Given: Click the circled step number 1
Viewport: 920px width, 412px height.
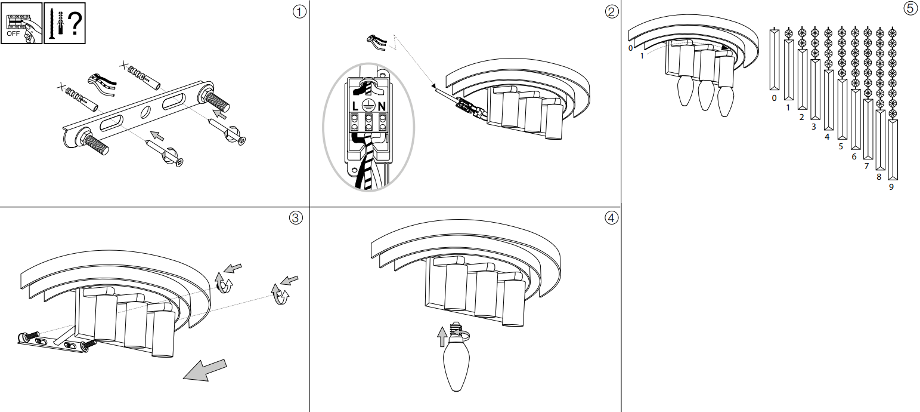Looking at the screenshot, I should pyautogui.click(x=300, y=11).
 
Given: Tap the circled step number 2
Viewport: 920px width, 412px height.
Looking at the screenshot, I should pyautogui.click(x=611, y=11).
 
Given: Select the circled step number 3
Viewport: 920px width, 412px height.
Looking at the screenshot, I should pyautogui.click(x=295, y=217).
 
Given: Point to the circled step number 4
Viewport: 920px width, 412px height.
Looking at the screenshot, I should pyautogui.click(x=611, y=217).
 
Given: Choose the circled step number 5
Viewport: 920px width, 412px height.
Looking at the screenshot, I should pyautogui.click(x=910, y=8).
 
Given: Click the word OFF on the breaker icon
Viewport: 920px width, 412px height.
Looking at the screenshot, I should pyautogui.click(x=13, y=33).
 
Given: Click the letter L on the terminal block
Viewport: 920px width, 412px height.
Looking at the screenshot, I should pyautogui.click(x=355, y=106).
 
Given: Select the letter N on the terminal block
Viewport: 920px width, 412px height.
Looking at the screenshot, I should pyautogui.click(x=382, y=106).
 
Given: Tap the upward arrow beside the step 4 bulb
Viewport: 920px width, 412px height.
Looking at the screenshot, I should pyautogui.click(x=442, y=336).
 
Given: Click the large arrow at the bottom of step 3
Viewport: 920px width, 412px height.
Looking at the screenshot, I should pyautogui.click(x=205, y=370).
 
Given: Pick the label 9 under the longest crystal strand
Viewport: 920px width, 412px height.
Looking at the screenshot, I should pyautogui.click(x=891, y=187).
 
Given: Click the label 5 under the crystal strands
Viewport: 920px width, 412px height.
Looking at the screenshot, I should pyautogui.click(x=841, y=146).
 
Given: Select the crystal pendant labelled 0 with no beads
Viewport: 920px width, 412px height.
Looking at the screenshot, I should pyautogui.click(x=774, y=60).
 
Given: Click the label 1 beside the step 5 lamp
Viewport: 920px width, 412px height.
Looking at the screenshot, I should pyautogui.click(x=642, y=56).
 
